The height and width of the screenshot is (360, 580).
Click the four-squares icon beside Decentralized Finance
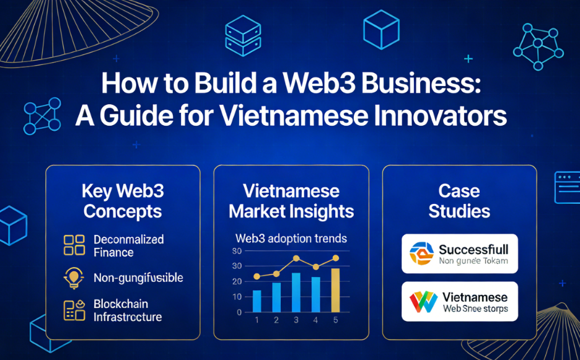[x=74, y=244]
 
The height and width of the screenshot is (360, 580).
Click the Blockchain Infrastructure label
[x=128, y=310]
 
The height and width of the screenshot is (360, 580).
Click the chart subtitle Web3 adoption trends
[x=291, y=238]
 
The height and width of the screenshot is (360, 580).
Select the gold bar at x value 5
[x=335, y=290]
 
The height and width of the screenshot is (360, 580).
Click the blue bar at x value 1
[x=257, y=301]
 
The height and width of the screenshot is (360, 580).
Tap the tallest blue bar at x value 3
[x=296, y=292]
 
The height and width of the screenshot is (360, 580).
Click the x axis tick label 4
[x=316, y=321]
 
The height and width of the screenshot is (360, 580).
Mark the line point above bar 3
[x=296, y=258]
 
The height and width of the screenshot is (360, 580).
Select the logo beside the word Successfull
[x=421, y=253]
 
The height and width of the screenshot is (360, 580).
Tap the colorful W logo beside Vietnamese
[x=423, y=302]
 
